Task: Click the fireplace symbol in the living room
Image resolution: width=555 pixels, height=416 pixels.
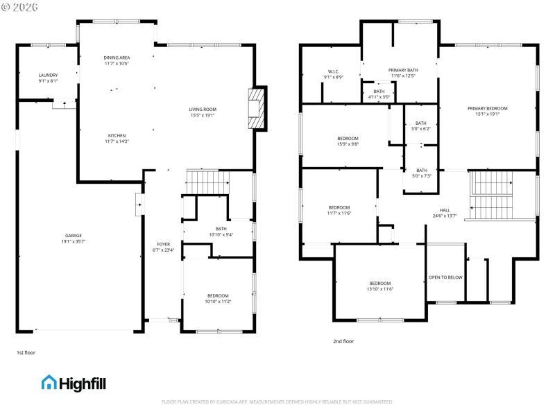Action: (x=257, y=109)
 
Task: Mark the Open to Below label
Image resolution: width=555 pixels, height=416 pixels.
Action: (x=445, y=277)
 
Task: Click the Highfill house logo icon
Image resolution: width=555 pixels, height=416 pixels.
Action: (x=49, y=382)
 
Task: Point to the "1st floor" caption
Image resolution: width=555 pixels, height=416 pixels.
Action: (x=26, y=353)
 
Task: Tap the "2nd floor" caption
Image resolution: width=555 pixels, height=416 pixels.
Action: (x=343, y=341)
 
